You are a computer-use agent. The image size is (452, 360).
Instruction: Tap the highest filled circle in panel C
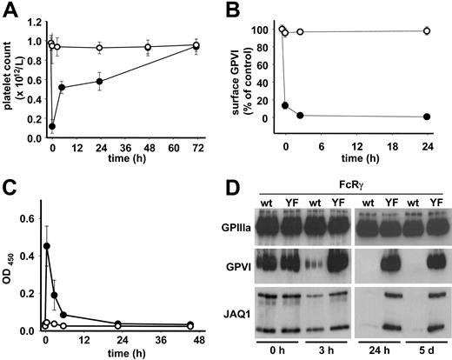coord(46,245)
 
